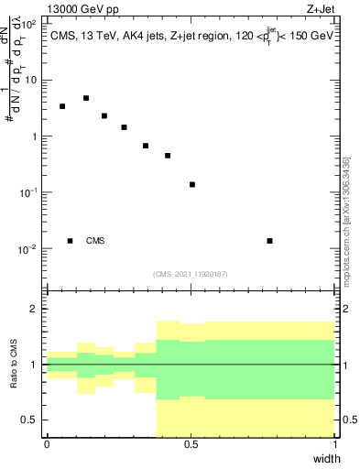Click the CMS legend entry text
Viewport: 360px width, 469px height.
pos(95,241)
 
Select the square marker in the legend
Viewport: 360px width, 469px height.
pos(70,241)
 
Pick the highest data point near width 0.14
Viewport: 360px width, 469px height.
pos(86,98)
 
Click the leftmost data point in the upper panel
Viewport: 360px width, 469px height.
pos(62,106)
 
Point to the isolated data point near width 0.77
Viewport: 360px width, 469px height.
pos(269,241)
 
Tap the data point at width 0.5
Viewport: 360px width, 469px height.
pos(192,184)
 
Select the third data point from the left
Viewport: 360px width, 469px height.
pos(104,116)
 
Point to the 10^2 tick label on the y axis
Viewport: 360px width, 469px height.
pos(28,23)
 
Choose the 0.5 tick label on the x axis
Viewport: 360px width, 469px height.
pos(191,444)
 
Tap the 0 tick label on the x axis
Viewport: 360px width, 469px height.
pos(47,444)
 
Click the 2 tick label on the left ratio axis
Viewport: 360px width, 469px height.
pos(37,309)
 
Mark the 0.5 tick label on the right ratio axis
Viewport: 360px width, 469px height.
pos(347,420)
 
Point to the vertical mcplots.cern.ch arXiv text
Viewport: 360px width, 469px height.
pos(347,220)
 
